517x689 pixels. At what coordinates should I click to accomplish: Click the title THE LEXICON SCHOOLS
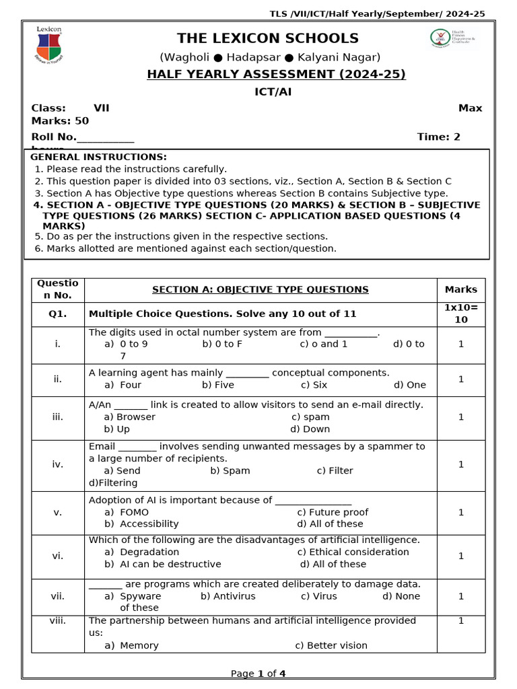267,38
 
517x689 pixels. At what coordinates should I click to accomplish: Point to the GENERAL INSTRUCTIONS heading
98,157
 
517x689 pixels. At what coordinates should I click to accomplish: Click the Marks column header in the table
460,290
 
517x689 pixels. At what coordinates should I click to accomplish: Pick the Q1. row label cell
58,314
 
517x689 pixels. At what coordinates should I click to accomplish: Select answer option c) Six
314,385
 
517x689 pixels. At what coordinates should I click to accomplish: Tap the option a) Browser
130,417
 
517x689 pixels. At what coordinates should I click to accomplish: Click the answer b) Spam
230,471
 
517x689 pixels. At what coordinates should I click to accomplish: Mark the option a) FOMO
127,512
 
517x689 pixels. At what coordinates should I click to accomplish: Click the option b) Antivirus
228,596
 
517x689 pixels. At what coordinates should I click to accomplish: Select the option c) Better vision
331,645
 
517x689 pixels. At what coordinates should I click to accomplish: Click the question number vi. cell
58,556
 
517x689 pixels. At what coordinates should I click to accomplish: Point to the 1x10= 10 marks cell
460,314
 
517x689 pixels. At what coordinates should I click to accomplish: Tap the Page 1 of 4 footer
258,674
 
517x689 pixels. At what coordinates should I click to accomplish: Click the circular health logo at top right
440,38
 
